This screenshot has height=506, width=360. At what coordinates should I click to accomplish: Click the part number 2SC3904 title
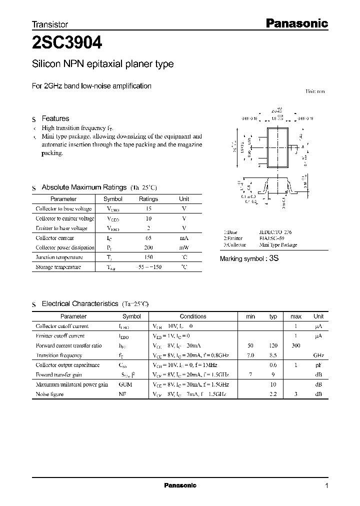pos(67,43)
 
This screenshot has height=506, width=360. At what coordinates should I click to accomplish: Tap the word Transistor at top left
pos(49,24)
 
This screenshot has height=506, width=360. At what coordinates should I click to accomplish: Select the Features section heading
pos(55,118)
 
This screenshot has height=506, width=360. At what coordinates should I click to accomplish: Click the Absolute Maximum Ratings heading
pos(83,187)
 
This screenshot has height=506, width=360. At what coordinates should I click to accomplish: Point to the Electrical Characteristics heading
pos(79,303)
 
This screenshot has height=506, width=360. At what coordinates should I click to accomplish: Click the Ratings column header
pos(148,198)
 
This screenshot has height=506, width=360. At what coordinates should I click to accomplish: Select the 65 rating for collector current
pos(148,238)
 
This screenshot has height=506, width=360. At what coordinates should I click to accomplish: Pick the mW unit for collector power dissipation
pos(184,248)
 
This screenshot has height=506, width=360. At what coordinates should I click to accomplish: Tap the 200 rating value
pos(148,248)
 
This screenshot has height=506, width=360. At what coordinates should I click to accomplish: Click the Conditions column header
pos(192,316)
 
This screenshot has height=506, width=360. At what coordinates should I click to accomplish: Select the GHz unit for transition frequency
pos(318,355)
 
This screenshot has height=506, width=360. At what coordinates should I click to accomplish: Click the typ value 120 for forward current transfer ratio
pos(273,345)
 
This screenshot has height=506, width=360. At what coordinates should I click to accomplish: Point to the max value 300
pos(295,345)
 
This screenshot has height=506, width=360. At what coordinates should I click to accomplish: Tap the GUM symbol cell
pos(126,384)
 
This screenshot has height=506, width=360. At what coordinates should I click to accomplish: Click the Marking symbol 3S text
pos(248,258)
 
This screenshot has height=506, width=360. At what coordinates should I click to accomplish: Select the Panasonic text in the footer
pos(180,485)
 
